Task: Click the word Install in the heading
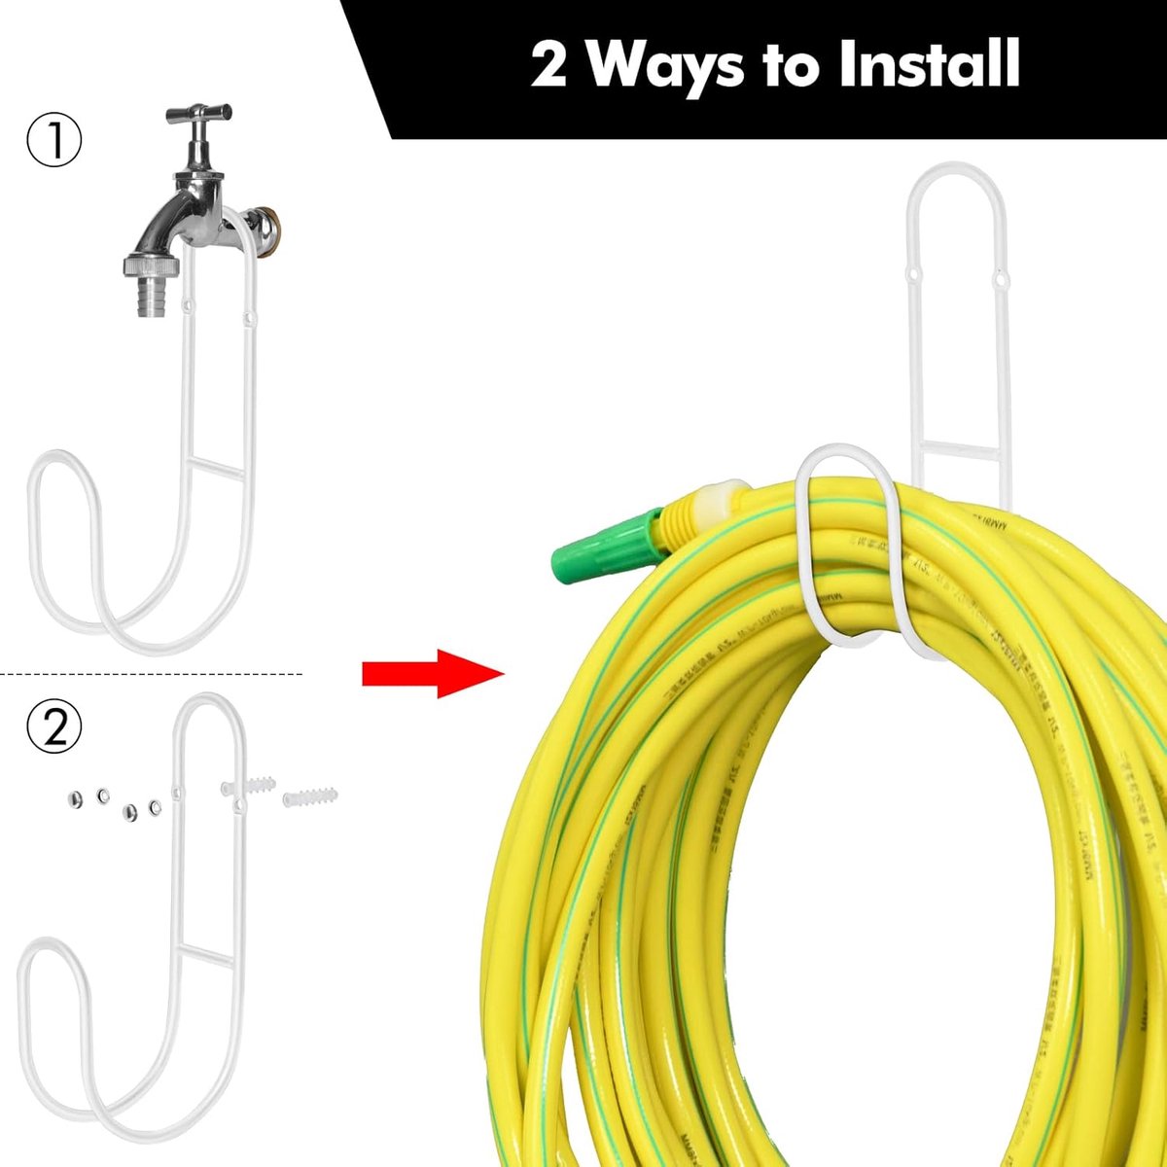click(929, 64)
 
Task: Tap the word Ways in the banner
click(666, 64)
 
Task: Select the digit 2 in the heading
click(548, 66)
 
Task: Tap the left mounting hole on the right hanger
click(912, 277)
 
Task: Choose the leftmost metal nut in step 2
click(70, 799)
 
